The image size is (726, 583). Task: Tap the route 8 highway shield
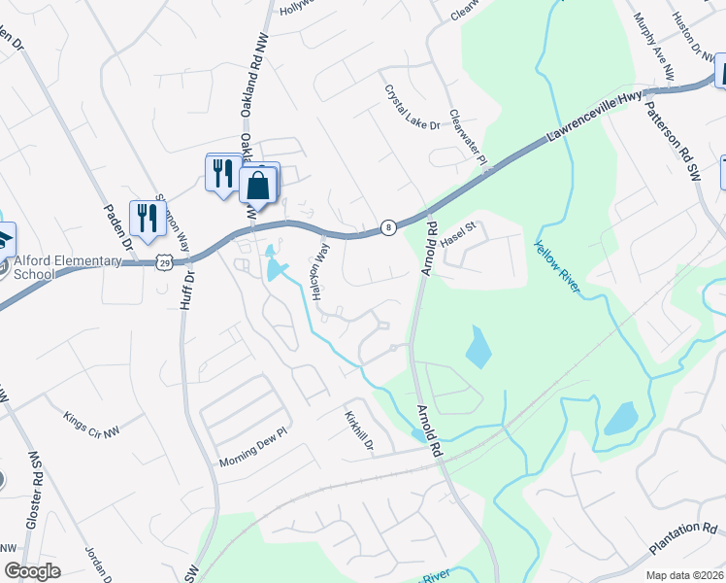(388, 225)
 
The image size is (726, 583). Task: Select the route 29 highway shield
(166, 262)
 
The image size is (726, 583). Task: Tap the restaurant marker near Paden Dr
(148, 218)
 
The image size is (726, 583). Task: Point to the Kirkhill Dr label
(358, 431)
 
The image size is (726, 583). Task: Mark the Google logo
(32, 571)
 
